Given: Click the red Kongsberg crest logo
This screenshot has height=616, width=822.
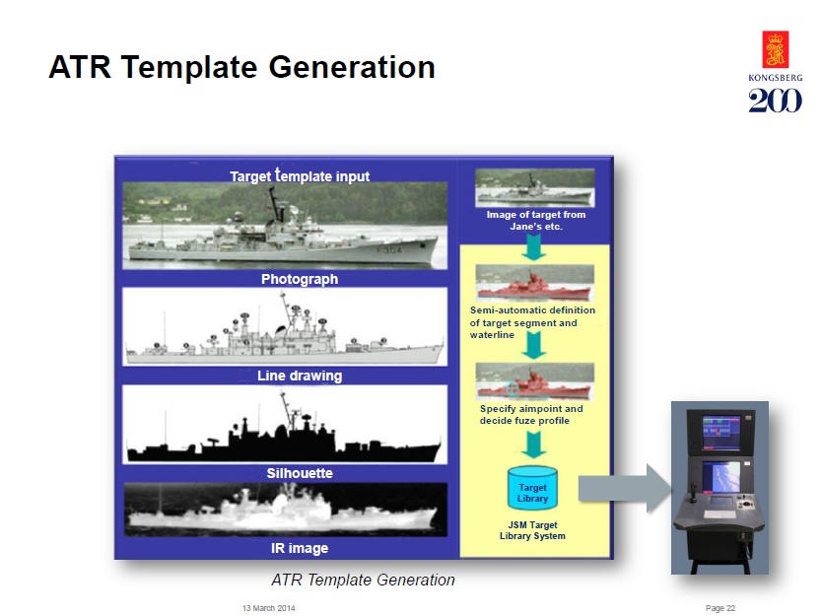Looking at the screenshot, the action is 776,49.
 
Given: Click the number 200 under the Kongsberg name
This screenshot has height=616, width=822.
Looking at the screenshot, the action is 776,101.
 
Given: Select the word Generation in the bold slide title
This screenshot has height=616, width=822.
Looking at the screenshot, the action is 352,67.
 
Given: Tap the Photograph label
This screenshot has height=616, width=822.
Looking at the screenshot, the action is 300,279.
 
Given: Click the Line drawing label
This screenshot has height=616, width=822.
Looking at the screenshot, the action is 300,376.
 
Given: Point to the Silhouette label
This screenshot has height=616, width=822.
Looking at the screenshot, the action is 300,473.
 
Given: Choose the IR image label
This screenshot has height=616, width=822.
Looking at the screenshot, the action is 300,548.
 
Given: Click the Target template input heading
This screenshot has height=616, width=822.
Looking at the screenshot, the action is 300,175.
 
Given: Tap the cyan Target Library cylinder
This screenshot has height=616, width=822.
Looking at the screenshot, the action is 532,489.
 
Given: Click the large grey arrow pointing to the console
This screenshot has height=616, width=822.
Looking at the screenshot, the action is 625,489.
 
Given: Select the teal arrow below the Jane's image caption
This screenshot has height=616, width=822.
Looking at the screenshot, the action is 533,246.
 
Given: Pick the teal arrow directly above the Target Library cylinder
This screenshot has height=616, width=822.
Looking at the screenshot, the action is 533,445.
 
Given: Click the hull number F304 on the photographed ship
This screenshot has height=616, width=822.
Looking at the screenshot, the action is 389,250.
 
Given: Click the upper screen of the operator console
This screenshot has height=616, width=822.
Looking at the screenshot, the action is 721,432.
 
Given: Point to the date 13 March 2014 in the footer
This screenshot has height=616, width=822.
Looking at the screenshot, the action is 268,608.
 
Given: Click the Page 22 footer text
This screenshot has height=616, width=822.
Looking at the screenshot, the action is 720,608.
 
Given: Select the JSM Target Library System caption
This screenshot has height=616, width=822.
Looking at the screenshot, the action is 532,530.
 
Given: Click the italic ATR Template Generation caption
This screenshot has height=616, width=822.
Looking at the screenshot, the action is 363,580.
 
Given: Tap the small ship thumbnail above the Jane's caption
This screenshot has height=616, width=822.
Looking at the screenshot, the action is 535,187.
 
